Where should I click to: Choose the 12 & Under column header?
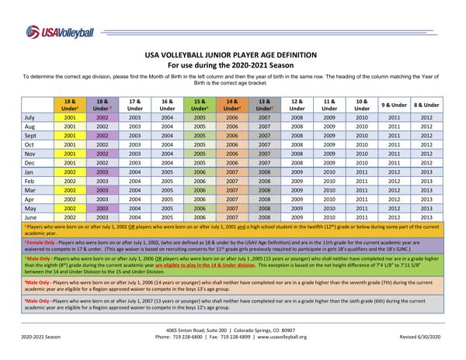click(295, 104)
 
